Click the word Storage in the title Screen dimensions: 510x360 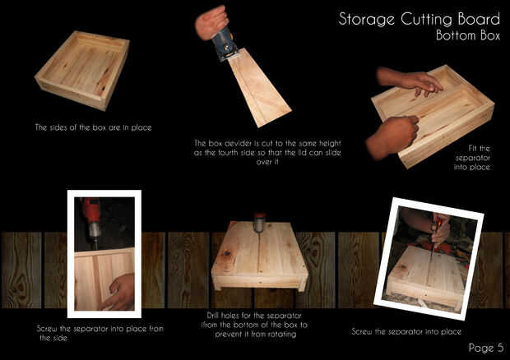tap(366, 20)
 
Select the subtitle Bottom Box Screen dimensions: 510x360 tap(468, 35)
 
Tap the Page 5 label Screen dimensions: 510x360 tap(486, 348)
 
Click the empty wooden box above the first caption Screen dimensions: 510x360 tap(82, 70)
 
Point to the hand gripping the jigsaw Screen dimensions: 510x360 tap(211, 23)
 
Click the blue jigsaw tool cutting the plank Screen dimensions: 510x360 tap(225, 44)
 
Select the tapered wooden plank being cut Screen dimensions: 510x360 tap(258, 87)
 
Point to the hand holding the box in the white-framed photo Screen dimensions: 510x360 tap(120, 293)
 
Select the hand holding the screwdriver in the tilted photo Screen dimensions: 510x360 tap(440, 230)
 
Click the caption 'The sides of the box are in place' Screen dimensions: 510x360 tap(93, 127)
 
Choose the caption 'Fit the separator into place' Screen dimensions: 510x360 tap(472, 158)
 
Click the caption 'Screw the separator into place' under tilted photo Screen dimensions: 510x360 tap(406, 332)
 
